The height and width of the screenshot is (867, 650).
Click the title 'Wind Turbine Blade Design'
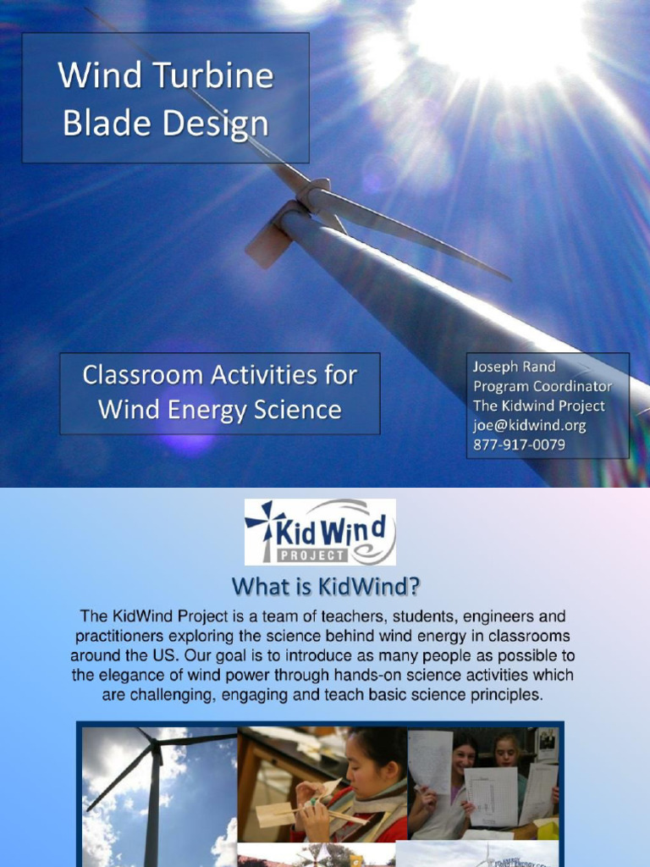pyautogui.click(x=166, y=100)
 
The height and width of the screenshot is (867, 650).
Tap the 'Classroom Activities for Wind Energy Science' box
pyautogui.click(x=219, y=393)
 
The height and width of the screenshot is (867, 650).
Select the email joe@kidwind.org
pyautogui.click(x=529, y=426)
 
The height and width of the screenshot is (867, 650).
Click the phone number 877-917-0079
pyautogui.click(x=519, y=445)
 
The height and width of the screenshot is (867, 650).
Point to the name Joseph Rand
pyautogui.click(x=514, y=367)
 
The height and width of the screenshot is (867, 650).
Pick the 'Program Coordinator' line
pyautogui.click(x=542, y=387)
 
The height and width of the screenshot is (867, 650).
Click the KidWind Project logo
pyautogui.click(x=320, y=532)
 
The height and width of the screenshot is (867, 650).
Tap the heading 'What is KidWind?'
pyautogui.click(x=326, y=586)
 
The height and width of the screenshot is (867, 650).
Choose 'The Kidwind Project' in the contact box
pyautogui.click(x=538, y=406)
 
